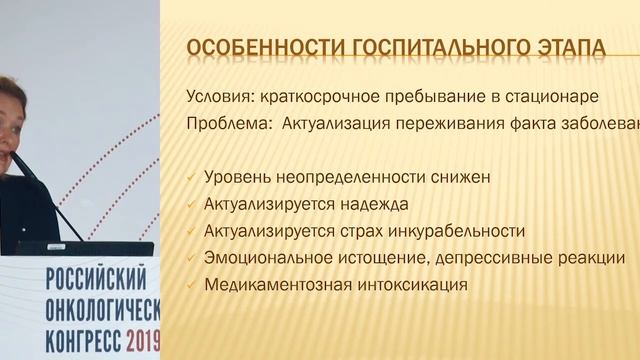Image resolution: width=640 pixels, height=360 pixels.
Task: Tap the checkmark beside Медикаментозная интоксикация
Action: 191,284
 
